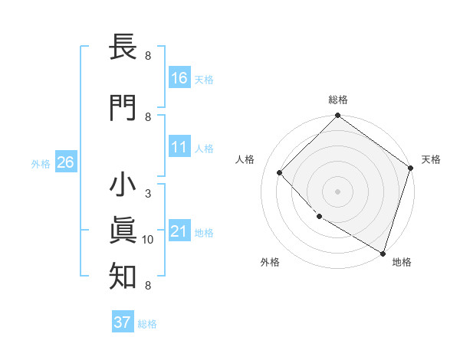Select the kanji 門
[123, 109]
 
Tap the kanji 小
[123, 186]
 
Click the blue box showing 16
[179, 78]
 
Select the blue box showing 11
[179, 147]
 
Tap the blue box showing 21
[179, 231]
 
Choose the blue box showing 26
[65, 162]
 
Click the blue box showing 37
[123, 322]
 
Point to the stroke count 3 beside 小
[148, 194]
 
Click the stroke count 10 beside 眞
[148, 240]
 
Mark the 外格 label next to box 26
[41, 163]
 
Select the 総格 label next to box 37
[147, 323]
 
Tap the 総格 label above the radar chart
[337, 100]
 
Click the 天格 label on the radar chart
[431, 159]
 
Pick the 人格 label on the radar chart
[245, 159]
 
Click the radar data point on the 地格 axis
[383, 252]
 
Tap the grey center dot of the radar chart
[337, 191]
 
